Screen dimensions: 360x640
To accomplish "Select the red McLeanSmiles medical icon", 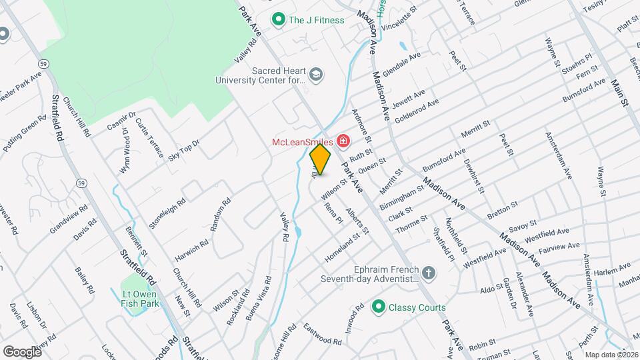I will click(343, 141).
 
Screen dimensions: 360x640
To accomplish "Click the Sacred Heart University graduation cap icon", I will click(315, 74).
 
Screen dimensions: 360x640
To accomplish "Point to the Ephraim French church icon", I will click(428, 272).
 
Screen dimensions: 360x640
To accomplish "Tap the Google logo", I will click(22, 351).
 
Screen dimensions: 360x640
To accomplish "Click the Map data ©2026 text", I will click(611, 355).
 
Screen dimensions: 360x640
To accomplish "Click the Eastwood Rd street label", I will click(322, 334).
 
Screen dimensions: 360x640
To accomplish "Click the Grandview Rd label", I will click(69, 219).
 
